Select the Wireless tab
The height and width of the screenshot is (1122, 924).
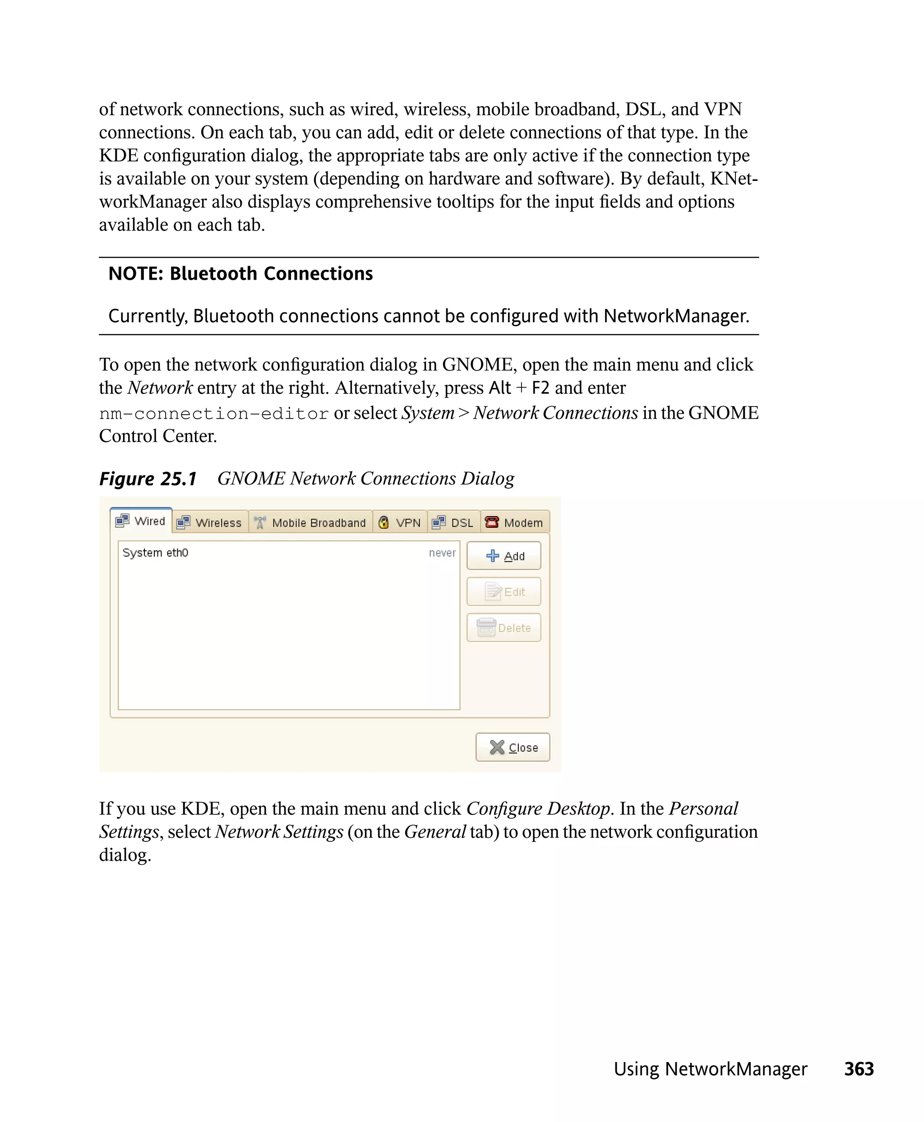point(210,523)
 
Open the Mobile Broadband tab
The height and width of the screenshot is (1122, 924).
point(311,523)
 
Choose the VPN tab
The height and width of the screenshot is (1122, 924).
point(400,523)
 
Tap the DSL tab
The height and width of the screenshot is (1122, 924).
point(454,523)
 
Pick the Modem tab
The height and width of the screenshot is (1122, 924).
point(515,523)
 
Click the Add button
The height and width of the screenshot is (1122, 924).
point(504,556)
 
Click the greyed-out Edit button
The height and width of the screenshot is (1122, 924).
point(504,592)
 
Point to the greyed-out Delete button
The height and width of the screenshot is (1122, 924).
point(504,628)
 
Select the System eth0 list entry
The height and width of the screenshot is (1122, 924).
point(155,553)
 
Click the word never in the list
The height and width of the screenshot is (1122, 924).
point(442,553)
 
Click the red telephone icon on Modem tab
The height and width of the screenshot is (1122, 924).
point(492,522)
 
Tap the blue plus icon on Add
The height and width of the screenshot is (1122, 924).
point(493,556)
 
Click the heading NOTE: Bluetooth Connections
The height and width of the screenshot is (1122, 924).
point(240,273)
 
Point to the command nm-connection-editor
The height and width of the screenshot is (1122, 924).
point(214,414)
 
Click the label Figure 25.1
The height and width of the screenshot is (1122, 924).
point(148,479)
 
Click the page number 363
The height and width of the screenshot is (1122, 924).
point(859,1069)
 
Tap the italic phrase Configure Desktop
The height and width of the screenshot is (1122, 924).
point(538,809)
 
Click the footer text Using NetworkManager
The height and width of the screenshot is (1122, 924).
point(710,1069)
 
